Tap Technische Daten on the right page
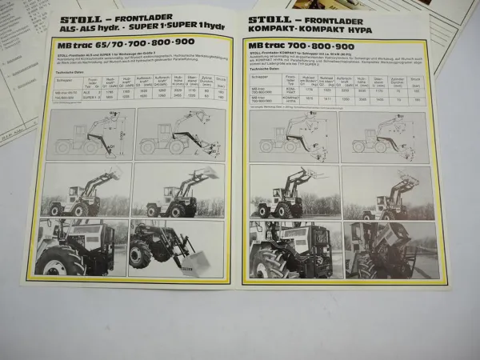[x=265, y=69]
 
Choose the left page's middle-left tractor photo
[x=87, y=190]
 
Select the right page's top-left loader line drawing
[x=292, y=134]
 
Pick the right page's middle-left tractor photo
[x=292, y=192]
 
